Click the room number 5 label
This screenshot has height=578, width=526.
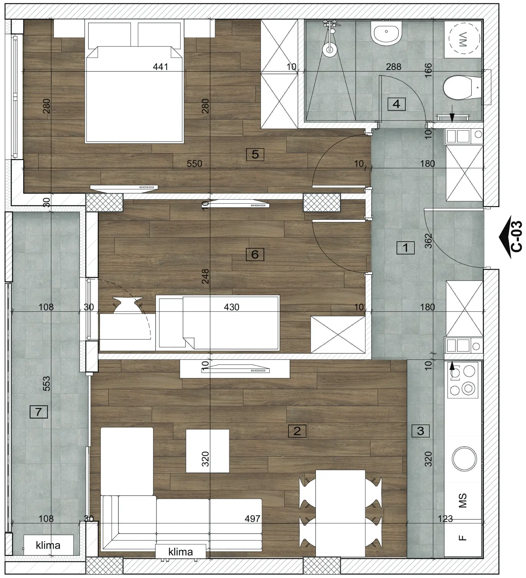point(255,154)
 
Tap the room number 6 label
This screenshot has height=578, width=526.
point(255,254)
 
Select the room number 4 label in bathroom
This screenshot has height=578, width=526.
point(396,104)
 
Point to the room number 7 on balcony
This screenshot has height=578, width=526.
point(39,412)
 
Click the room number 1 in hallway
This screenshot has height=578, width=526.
point(405,248)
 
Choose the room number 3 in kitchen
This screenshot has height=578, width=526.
point(421,431)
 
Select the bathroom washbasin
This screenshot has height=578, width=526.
point(386,33)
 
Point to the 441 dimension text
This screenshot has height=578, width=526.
point(161,67)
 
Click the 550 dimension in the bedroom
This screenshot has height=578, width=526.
point(194,164)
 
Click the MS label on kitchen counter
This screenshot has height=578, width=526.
point(463,500)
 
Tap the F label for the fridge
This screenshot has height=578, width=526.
point(463,538)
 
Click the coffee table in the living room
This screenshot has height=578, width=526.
point(208,451)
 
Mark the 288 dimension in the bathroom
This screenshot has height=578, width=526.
point(394,67)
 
